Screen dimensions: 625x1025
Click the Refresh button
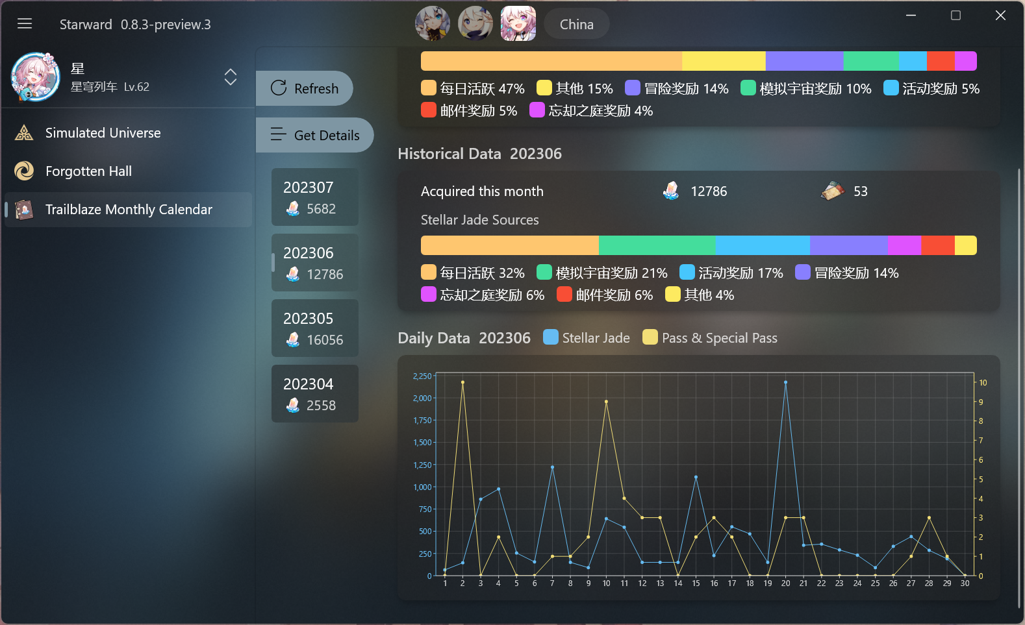tap(305, 88)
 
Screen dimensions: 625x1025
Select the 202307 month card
tap(315, 197)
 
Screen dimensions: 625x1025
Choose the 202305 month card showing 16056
tap(315, 328)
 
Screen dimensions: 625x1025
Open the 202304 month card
tap(315, 394)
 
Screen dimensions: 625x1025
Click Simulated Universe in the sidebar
tap(103, 133)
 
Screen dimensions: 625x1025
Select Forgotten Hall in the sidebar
tap(88, 171)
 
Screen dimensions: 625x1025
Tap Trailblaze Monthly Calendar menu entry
tap(129, 210)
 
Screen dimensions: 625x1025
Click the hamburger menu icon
tap(25, 24)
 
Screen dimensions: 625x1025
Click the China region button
tap(576, 24)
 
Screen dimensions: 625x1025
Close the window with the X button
tap(1000, 16)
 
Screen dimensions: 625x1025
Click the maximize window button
tap(955, 16)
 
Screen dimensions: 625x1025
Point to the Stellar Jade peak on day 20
tap(785, 382)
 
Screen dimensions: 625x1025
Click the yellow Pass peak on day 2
tap(462, 382)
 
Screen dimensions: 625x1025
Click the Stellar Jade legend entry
tap(587, 337)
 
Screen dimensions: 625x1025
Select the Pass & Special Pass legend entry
tap(710, 337)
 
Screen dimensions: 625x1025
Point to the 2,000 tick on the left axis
tap(422, 398)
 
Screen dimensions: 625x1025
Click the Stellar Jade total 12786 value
tap(708, 191)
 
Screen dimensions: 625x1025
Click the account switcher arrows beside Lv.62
tap(231, 77)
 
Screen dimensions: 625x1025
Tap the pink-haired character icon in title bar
tap(518, 24)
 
